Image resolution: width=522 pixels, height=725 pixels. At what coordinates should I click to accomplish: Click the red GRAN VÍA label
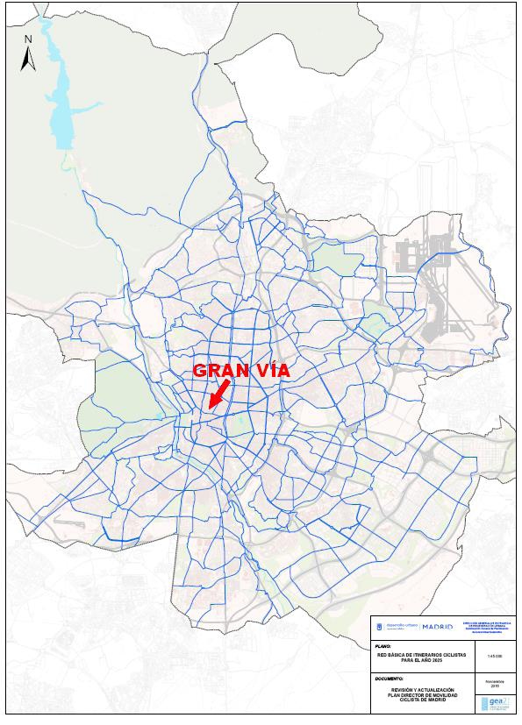point(240,370)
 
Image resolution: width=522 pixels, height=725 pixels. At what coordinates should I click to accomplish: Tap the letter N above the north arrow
point(28,39)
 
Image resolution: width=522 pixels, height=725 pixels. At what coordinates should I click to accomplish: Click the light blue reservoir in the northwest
point(61,96)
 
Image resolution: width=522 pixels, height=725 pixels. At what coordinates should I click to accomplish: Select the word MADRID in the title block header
point(437,627)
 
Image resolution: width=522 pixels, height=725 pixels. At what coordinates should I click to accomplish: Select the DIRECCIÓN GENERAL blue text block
point(488,627)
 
